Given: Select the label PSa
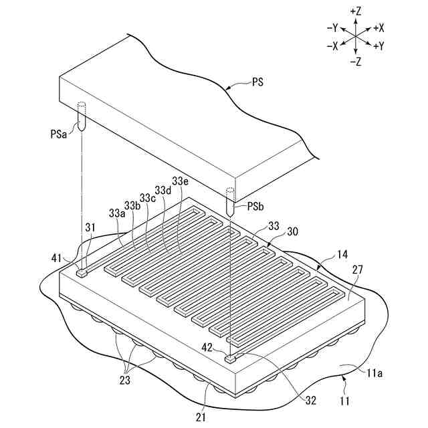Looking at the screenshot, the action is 60,133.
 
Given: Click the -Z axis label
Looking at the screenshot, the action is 355,62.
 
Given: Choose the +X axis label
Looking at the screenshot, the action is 379,27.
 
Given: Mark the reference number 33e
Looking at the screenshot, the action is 180,181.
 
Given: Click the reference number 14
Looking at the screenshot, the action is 342,254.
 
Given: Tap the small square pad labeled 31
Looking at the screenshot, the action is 83,272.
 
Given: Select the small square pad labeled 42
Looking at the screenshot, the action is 231,358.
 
